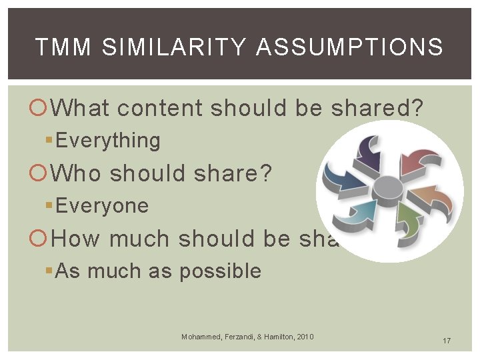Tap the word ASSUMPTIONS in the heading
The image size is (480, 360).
pos(349,47)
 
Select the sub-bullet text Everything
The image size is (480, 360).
pos(108,141)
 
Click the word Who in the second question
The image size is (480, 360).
pos(77,173)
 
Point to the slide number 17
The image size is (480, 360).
pos(447,341)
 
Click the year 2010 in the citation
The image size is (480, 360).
pos(304,337)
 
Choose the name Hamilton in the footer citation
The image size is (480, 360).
pos(275,337)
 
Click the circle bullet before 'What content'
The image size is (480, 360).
pos(41,109)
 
